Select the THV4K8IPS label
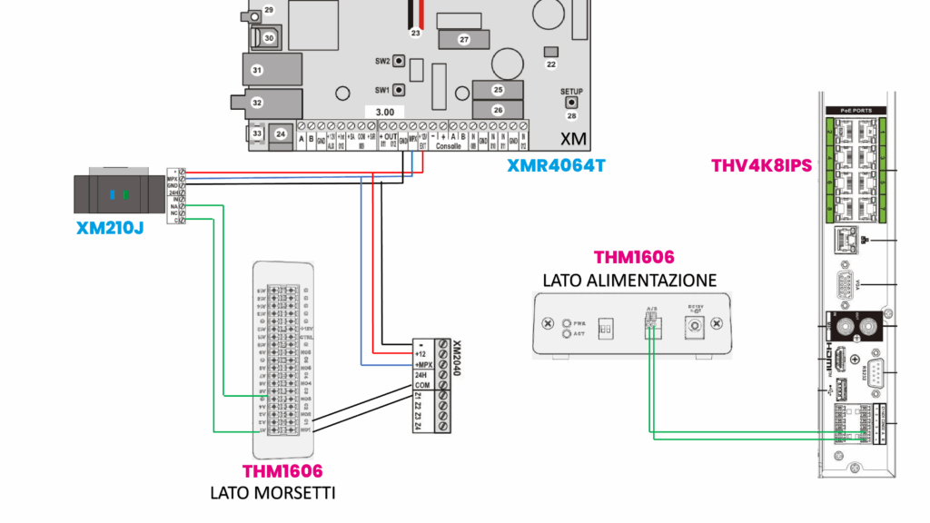point(760,166)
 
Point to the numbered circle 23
point(416,33)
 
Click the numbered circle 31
point(257,70)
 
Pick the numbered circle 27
point(463,40)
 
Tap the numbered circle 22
point(550,64)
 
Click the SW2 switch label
point(382,62)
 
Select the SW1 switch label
point(382,91)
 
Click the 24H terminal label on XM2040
point(420,375)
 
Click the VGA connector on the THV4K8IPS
point(843,286)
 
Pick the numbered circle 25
point(498,90)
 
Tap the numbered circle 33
point(257,133)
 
